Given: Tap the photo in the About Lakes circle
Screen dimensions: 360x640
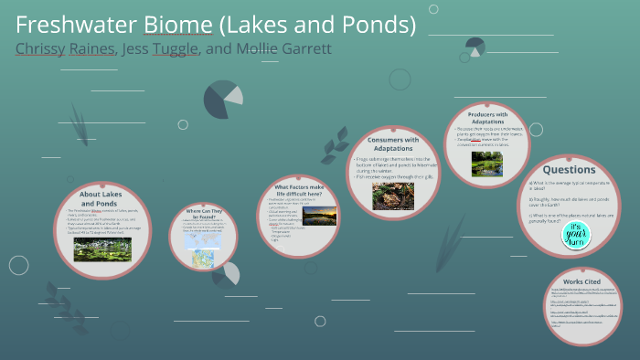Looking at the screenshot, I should point(102,249).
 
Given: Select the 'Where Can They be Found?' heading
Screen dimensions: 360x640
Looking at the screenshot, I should point(203,212).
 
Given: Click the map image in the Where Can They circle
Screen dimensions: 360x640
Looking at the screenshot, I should point(201,255).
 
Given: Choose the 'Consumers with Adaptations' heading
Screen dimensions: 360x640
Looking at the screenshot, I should point(393,143).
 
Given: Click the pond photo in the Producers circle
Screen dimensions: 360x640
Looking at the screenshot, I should point(485,163).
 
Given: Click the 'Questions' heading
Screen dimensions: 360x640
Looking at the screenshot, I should point(569,169).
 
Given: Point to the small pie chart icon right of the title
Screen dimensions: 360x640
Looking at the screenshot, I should point(475,46).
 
